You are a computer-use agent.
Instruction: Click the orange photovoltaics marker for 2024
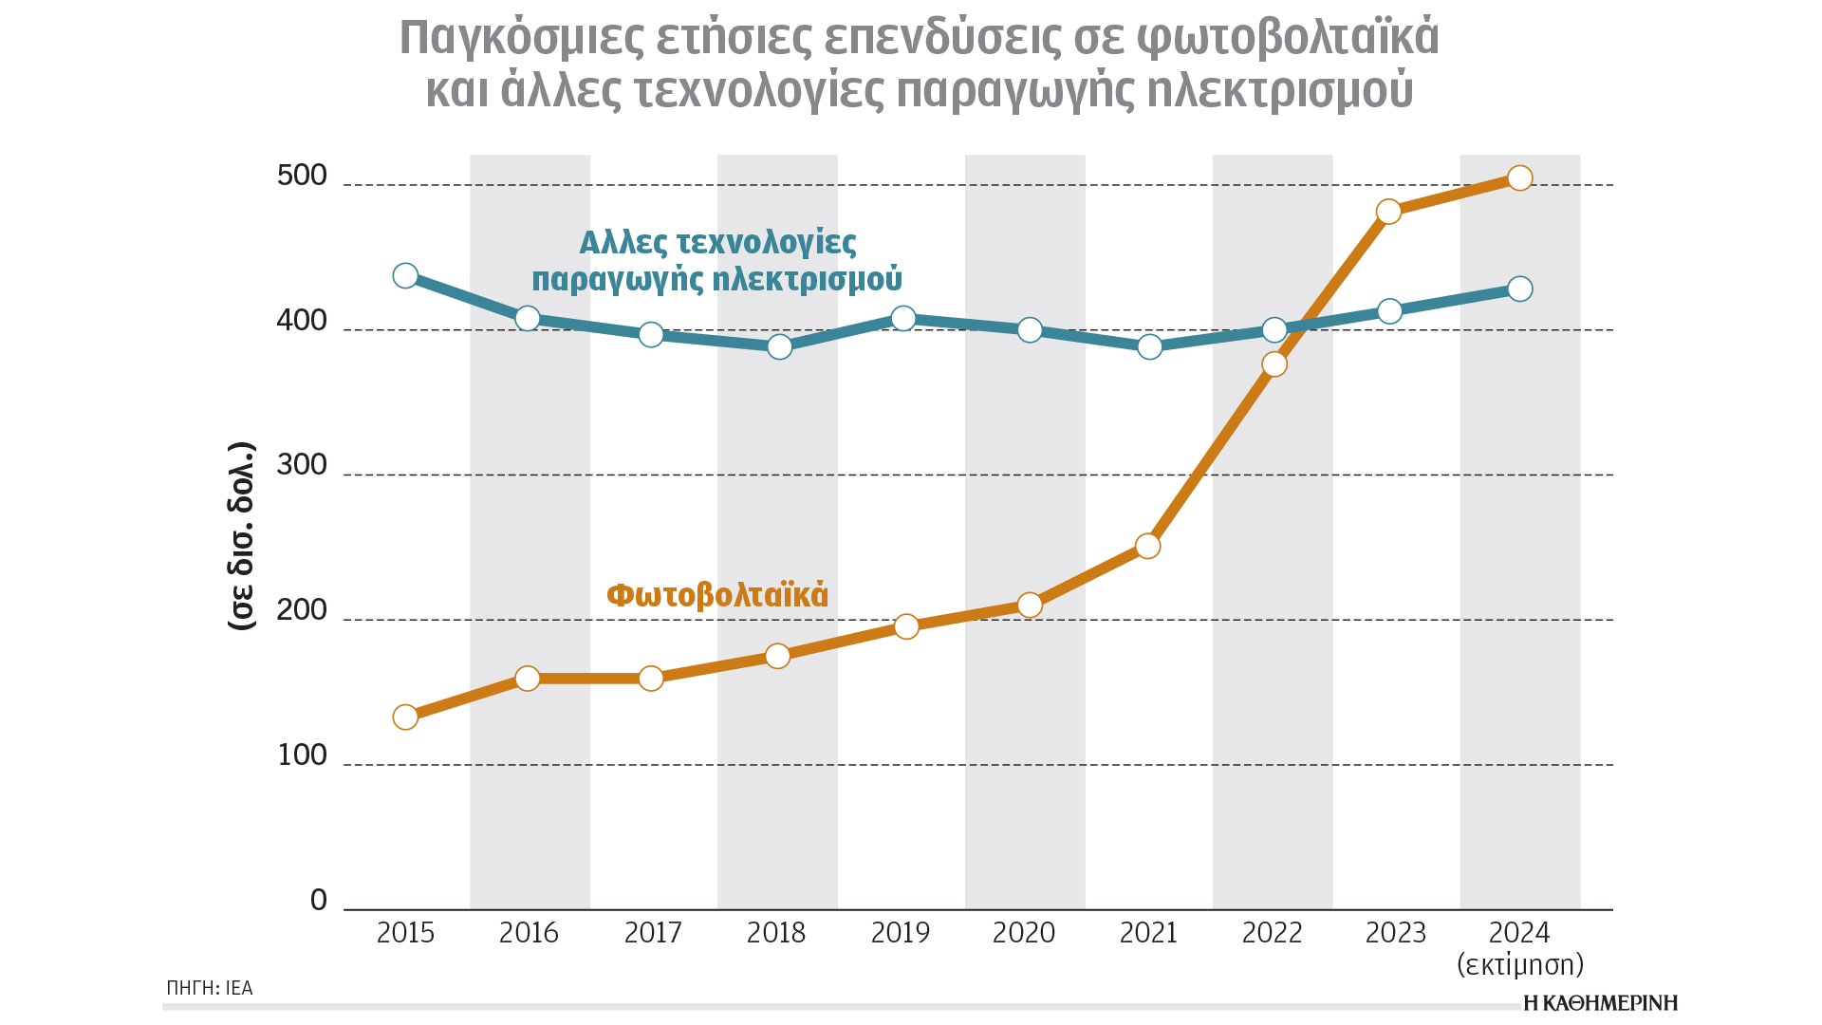[x=1519, y=178]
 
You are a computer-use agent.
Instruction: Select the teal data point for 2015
[x=405, y=276]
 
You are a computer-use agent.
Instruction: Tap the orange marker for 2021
[x=1148, y=546]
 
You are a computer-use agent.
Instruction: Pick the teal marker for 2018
[x=779, y=346]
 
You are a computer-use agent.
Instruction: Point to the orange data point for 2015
[x=405, y=717]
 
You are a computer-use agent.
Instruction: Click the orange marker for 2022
[x=1274, y=364]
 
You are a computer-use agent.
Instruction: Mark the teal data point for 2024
[x=1519, y=289]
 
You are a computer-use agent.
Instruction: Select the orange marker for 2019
[x=906, y=626]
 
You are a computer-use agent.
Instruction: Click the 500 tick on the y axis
[x=302, y=176]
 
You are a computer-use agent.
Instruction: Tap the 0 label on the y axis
[x=319, y=900]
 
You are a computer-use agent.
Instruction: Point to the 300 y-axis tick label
[x=302, y=465]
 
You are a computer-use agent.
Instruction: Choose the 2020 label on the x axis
[x=1024, y=933]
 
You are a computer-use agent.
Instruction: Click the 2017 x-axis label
[x=653, y=933]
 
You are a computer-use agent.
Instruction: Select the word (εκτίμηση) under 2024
[x=1520, y=965]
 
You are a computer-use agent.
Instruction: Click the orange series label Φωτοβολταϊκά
[x=717, y=595]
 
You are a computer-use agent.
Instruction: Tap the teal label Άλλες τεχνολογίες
[x=717, y=243]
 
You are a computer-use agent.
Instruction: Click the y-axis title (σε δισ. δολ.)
[x=242, y=536]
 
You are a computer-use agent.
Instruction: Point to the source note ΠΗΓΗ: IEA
[x=210, y=988]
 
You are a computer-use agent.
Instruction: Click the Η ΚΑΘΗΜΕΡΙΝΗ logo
[x=1600, y=1002]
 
